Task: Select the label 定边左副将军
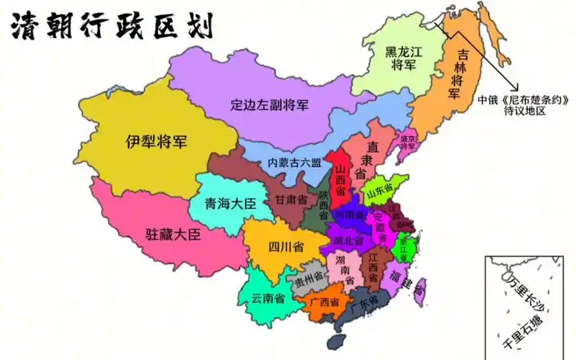tap(269, 104)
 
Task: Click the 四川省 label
tap(285, 247)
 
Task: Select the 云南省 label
tap(267, 297)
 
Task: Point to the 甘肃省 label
tap(291, 199)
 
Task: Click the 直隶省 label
tap(370, 158)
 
